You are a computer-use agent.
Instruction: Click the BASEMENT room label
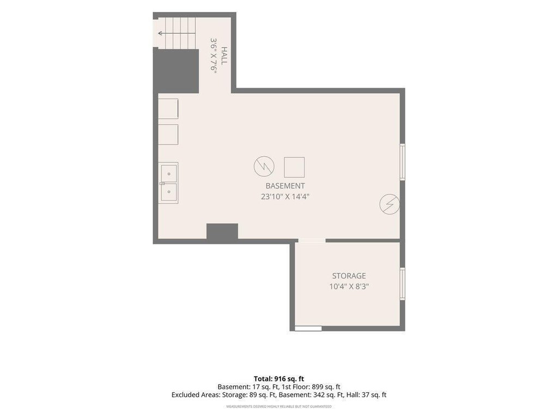[x=285, y=186]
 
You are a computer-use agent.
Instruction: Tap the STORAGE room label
[x=349, y=276]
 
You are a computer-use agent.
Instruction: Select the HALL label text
[x=224, y=56]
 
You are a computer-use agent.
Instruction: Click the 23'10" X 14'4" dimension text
[x=285, y=196]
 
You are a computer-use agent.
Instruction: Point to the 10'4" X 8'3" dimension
[x=349, y=286]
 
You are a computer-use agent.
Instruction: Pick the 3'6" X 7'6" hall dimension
[x=214, y=56]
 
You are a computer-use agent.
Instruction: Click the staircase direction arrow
[x=177, y=33]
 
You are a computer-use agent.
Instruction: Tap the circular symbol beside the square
[x=264, y=166]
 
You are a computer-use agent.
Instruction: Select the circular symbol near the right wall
[x=390, y=204]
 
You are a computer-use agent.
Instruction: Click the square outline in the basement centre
[x=294, y=167]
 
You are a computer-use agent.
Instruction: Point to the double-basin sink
[x=168, y=183]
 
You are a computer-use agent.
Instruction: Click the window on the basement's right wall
[x=403, y=162]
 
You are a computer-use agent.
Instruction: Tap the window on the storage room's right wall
[x=403, y=284]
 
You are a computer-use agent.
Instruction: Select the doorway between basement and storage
[x=312, y=241]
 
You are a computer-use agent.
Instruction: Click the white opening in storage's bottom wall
[x=308, y=328]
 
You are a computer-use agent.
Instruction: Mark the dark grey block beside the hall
[x=176, y=71]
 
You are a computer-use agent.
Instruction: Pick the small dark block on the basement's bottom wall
[x=222, y=231]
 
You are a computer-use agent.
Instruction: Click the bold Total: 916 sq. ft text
[x=279, y=379]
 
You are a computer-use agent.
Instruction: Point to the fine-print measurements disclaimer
[x=279, y=406]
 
